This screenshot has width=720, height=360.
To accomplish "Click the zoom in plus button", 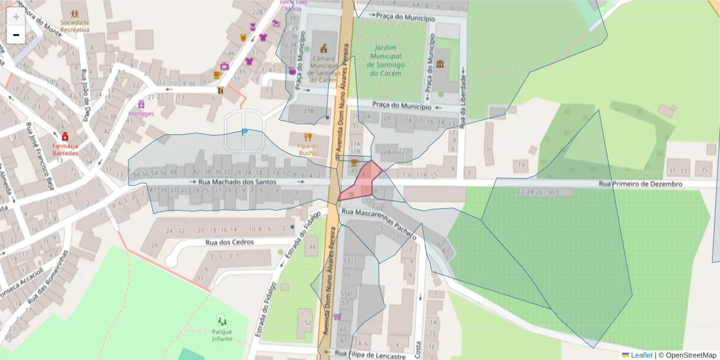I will (16, 16).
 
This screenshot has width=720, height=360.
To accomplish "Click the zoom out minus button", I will (16, 35).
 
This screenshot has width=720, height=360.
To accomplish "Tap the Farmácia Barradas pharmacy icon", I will (65, 137).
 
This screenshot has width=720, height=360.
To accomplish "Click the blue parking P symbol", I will (244, 133).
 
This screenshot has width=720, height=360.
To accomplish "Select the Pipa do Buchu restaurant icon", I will (308, 137).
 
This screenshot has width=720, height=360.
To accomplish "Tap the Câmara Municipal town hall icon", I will (325, 47).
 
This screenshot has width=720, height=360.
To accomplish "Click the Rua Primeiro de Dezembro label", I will (640, 184).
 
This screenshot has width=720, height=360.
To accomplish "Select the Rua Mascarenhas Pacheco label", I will (379, 224).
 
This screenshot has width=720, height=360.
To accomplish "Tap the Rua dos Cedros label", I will (229, 242).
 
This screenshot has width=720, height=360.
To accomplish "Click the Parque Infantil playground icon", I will (222, 320).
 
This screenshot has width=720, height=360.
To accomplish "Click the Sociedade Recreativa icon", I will (74, 13).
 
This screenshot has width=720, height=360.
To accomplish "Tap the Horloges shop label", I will (141, 113).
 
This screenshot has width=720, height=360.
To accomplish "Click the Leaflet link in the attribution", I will (641, 355).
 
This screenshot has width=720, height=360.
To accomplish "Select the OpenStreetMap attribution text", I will (690, 355).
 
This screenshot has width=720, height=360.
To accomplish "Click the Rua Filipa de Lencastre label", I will (370, 354).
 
